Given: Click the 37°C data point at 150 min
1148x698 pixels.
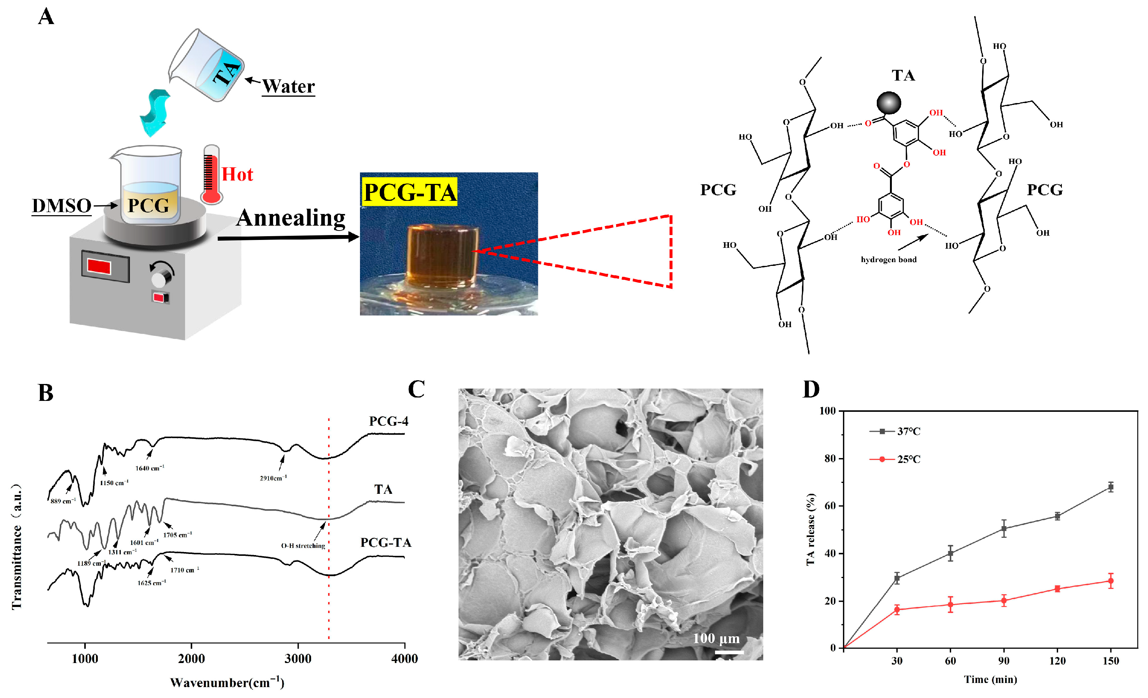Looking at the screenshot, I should tap(1111, 487).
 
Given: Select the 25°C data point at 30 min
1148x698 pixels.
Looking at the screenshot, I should tap(897, 610).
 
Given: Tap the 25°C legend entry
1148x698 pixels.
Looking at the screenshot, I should tap(908, 460).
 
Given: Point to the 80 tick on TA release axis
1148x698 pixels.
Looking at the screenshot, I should tap(830, 458).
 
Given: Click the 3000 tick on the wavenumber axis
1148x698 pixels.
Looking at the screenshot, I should tap(298, 659).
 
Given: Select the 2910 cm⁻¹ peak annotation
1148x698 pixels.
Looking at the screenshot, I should tap(273, 478).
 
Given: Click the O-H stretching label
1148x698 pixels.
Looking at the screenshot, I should tap(303, 546).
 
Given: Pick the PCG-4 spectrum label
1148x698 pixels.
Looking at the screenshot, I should tap(389, 421).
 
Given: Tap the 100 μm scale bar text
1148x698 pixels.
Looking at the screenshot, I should tap(716, 638).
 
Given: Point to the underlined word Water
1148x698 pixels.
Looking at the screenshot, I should tap(289, 86).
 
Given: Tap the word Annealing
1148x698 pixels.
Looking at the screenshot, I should tap(291, 218).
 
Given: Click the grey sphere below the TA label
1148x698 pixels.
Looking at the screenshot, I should tap(888, 103).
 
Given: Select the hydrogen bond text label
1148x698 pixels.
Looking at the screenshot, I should tap(888, 259).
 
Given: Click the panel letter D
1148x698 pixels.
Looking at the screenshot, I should tap(811, 390).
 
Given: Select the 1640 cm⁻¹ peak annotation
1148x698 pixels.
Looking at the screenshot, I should tap(150, 468).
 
